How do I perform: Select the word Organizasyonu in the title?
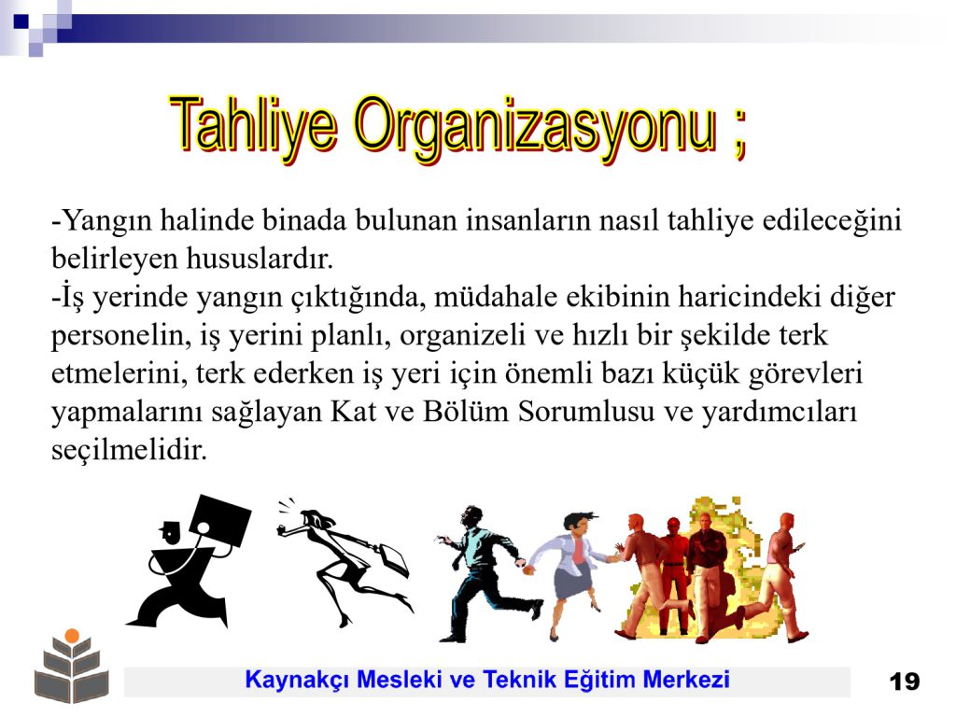tap(535, 129)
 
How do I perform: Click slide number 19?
tap(904, 681)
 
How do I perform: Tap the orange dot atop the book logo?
tap(72, 636)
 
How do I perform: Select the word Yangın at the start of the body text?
tap(106, 220)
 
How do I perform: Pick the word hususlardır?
tap(260, 259)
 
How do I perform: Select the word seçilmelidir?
tap(129, 451)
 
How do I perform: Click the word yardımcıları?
tap(780, 413)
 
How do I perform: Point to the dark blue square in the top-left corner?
tap(21, 21)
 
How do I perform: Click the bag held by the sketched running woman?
tap(394, 559)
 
